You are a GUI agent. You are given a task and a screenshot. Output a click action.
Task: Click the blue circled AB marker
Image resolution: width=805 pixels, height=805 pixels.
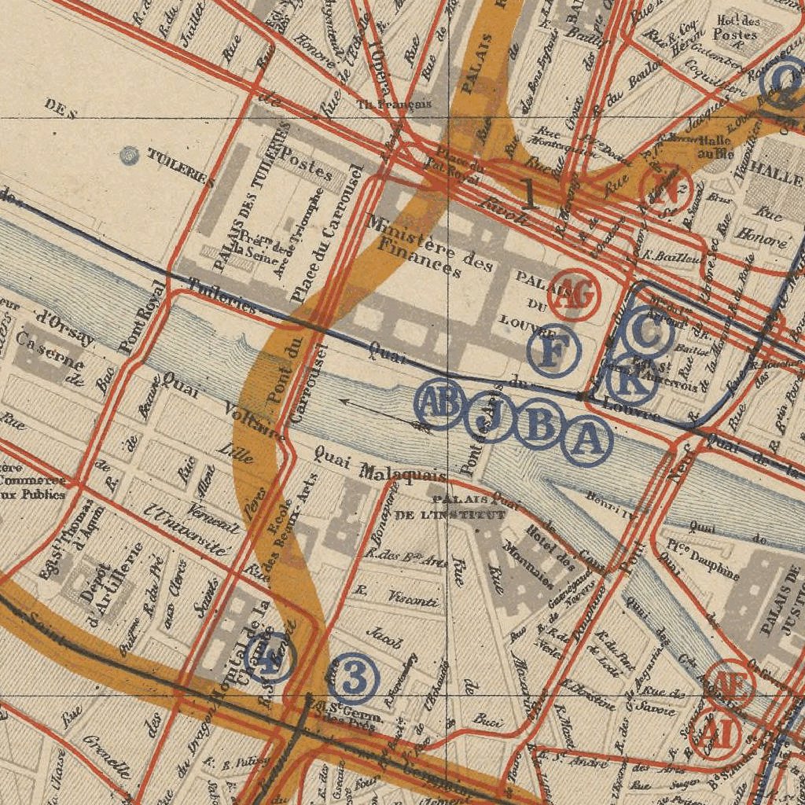(x=439, y=403)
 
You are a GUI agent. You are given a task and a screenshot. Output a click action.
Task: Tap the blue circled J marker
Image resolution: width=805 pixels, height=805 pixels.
(x=490, y=419)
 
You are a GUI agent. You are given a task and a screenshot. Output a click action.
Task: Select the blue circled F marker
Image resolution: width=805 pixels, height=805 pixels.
(x=554, y=350)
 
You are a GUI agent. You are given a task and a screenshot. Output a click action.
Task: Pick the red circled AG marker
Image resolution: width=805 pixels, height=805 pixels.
(x=575, y=296)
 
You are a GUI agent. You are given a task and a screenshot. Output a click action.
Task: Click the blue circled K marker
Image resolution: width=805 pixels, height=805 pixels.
(x=634, y=380)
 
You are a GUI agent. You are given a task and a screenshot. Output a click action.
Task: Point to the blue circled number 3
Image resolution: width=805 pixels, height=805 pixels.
(x=354, y=679)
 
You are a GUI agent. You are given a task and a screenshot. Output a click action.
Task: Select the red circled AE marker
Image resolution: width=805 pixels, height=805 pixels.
(x=730, y=685)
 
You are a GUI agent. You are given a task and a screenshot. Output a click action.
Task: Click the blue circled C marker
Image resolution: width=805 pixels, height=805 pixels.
(x=646, y=333)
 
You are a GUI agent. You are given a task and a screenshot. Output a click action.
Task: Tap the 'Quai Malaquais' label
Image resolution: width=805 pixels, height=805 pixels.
(x=380, y=465)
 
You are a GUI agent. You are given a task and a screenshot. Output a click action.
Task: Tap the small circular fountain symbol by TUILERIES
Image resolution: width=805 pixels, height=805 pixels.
(x=129, y=156)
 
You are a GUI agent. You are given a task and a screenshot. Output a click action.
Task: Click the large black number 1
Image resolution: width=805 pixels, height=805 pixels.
(x=530, y=193)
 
